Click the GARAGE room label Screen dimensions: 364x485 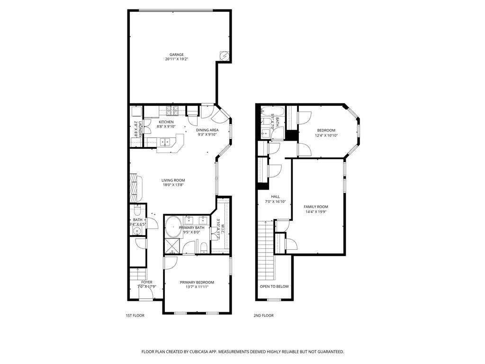tap(177, 55)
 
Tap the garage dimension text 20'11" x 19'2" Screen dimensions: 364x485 tap(177, 59)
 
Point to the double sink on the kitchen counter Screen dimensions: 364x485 tap(165, 142)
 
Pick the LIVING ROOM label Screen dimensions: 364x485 tap(173, 180)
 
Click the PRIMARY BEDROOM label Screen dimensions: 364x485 tap(197, 282)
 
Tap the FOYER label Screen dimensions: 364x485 tap(146, 282)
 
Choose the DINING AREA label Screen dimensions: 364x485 tap(207, 130)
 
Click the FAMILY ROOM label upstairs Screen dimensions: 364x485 tap(316, 207)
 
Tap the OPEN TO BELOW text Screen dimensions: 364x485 tap(274, 286)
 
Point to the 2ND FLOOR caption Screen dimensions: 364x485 tap(264, 315)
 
